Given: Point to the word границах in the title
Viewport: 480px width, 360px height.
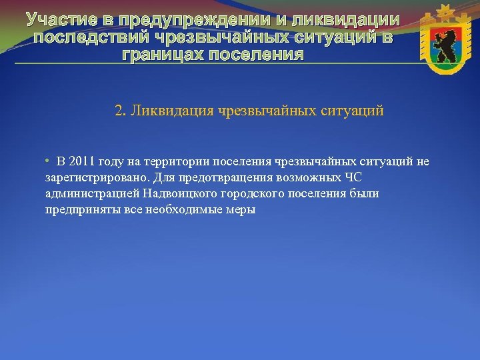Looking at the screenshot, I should click(161, 53).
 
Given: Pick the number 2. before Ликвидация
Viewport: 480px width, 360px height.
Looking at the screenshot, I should click(120, 110).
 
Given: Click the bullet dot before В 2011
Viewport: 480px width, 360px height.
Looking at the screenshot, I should click(48, 161).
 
